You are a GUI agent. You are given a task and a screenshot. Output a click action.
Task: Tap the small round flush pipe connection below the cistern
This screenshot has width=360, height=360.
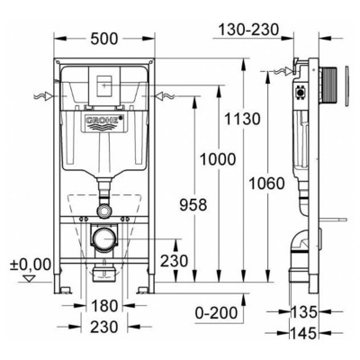(104, 209)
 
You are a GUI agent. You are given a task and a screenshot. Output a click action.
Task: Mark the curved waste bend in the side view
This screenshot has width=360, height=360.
(300, 243)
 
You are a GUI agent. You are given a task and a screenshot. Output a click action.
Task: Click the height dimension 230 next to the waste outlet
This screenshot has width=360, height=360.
(174, 261)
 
